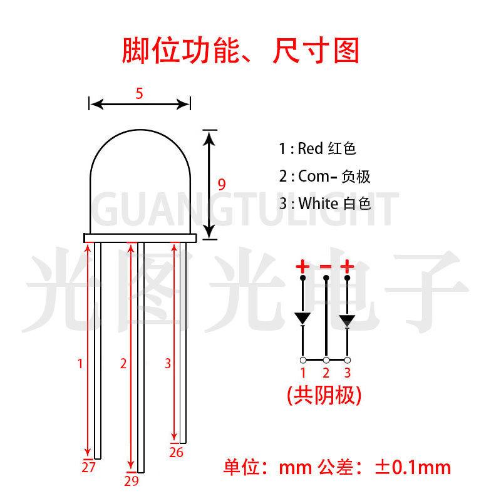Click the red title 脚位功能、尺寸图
point(240,51)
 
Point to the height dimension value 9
point(221,184)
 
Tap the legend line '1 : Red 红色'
point(318,149)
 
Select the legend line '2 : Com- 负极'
point(325,177)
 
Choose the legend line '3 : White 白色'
point(326,204)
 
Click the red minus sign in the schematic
point(326,267)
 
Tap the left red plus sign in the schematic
point(303,267)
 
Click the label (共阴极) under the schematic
point(325,395)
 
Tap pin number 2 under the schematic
point(326,374)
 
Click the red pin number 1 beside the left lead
point(80,363)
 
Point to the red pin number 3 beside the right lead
point(167,363)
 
